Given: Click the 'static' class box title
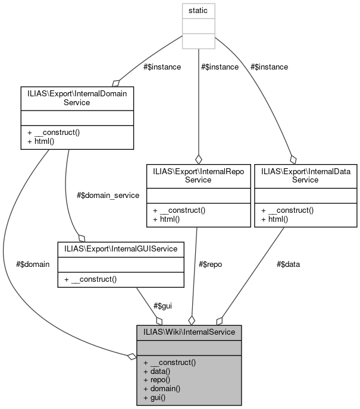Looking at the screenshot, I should pyautogui.click(x=198, y=11).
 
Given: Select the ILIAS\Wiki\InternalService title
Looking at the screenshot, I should pyautogui.click(x=189, y=331).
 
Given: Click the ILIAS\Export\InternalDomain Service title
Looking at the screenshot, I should pyautogui.click(x=76, y=97).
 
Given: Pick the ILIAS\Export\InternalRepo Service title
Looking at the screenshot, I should pyautogui.click(x=199, y=175).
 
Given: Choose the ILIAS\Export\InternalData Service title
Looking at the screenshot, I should pyautogui.click(x=306, y=175).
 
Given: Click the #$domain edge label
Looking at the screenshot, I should pyautogui.click(x=34, y=264).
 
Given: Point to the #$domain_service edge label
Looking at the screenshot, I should pyautogui.click(x=108, y=195).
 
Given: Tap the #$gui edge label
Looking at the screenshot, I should pyautogui.click(x=162, y=306).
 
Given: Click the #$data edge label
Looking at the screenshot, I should pyautogui.click(x=288, y=264).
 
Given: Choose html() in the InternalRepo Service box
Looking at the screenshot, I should pyautogui.click(x=167, y=219).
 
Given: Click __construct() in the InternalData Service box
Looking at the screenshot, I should pyautogui.click(x=287, y=210).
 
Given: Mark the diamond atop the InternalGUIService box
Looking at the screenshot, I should pyautogui.click(x=74, y=237).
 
